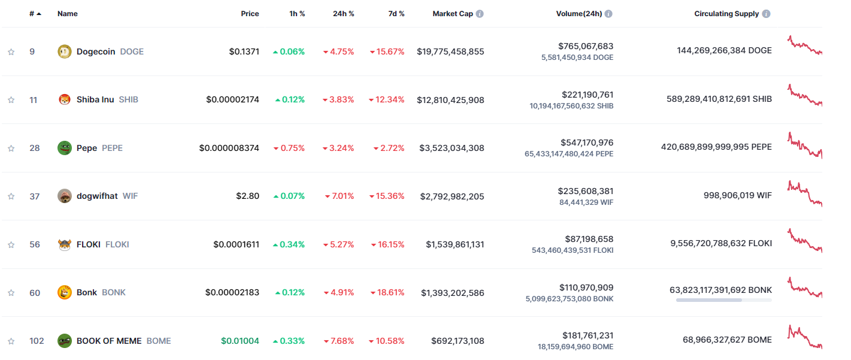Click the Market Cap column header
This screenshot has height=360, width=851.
point(452,14)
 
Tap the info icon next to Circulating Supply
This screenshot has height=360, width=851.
point(767,14)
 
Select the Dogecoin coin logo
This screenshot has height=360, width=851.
point(64,52)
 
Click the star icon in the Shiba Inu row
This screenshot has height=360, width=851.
point(11,100)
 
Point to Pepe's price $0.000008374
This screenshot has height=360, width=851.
point(229,148)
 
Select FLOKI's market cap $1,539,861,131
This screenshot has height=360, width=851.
point(455,244)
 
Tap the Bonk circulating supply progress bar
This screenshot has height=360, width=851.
point(723,300)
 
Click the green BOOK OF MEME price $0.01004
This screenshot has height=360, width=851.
point(240,341)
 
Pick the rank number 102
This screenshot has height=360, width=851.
point(37,341)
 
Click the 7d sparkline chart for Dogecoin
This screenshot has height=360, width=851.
point(804,46)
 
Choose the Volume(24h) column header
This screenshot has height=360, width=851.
point(579,14)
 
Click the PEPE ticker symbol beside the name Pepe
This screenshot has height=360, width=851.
point(112,148)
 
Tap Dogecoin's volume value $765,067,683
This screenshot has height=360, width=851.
point(585,46)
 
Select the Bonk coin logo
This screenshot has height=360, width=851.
point(64,292)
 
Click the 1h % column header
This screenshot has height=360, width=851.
point(297,14)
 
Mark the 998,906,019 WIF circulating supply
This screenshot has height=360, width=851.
point(737,195)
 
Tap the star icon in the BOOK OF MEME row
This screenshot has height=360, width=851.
point(11,341)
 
